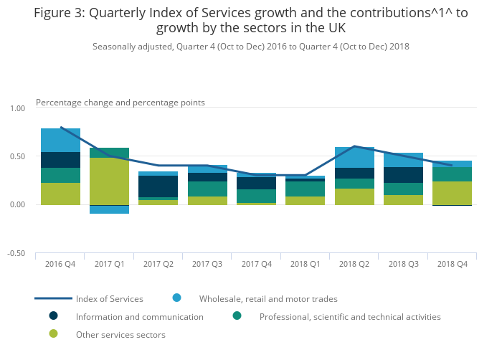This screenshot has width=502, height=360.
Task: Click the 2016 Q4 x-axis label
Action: tap(60, 264)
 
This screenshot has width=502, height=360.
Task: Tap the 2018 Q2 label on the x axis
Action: tap(354, 264)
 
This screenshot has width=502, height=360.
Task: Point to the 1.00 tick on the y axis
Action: tap(16, 108)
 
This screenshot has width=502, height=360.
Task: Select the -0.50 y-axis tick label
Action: tap(16, 253)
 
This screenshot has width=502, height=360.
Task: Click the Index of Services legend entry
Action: tap(110, 298)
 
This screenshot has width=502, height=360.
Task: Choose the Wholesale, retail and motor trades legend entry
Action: tap(268, 298)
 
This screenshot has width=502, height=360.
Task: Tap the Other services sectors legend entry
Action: tap(120, 334)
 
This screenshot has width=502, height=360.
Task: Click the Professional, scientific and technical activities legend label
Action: tap(350, 316)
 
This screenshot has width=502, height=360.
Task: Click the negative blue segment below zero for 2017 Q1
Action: tap(109, 209)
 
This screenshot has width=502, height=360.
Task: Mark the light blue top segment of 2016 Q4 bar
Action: tap(60, 141)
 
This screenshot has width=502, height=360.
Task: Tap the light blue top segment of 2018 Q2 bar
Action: tap(354, 158)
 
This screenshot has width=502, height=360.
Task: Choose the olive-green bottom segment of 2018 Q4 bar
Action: tap(452, 193)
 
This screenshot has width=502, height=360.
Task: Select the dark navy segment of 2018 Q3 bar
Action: tap(403, 175)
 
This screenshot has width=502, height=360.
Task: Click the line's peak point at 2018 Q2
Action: tap(354, 146)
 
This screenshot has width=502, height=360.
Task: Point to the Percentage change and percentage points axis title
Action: tap(120, 103)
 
